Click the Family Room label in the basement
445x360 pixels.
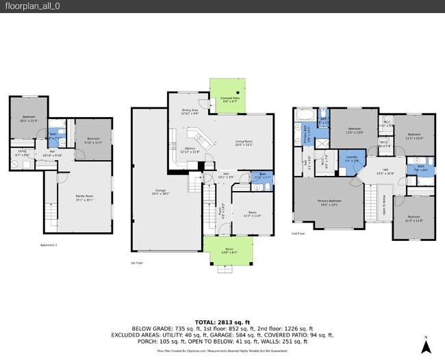[x=84, y=198]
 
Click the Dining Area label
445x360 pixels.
[x=190, y=112]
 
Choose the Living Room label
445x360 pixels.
[x=244, y=144]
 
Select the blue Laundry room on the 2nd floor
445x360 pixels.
[x=352, y=161]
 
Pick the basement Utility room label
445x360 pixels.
[x=22, y=153]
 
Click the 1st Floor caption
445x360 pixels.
[x=137, y=262]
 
